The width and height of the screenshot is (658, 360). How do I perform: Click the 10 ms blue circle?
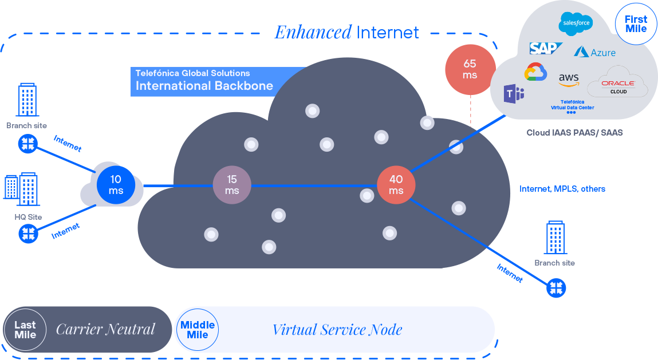(116, 185)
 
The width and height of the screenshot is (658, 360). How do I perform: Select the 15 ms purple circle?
(232, 185)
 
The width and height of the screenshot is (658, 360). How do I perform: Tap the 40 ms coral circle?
(396, 185)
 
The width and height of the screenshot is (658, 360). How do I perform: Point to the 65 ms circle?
(470, 70)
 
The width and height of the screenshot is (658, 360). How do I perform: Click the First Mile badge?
(636, 24)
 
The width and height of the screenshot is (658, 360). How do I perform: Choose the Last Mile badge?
(25, 330)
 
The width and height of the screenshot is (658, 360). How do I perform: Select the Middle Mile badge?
(198, 330)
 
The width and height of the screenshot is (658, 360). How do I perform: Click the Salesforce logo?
(575, 23)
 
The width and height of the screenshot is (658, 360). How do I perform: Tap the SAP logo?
(545, 48)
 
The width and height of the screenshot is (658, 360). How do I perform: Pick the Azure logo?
(595, 52)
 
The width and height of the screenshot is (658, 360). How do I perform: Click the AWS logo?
(569, 80)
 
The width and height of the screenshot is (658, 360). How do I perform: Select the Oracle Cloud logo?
(618, 84)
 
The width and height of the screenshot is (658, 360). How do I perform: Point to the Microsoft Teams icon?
(514, 93)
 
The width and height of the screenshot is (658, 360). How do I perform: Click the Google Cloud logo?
(535, 73)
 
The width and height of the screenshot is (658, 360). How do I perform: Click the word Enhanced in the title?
(313, 33)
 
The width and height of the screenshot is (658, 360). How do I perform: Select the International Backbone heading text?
(204, 86)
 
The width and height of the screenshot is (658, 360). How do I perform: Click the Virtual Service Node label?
(337, 330)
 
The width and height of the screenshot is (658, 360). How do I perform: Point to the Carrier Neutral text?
(105, 330)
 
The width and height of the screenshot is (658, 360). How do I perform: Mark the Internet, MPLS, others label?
(562, 189)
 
